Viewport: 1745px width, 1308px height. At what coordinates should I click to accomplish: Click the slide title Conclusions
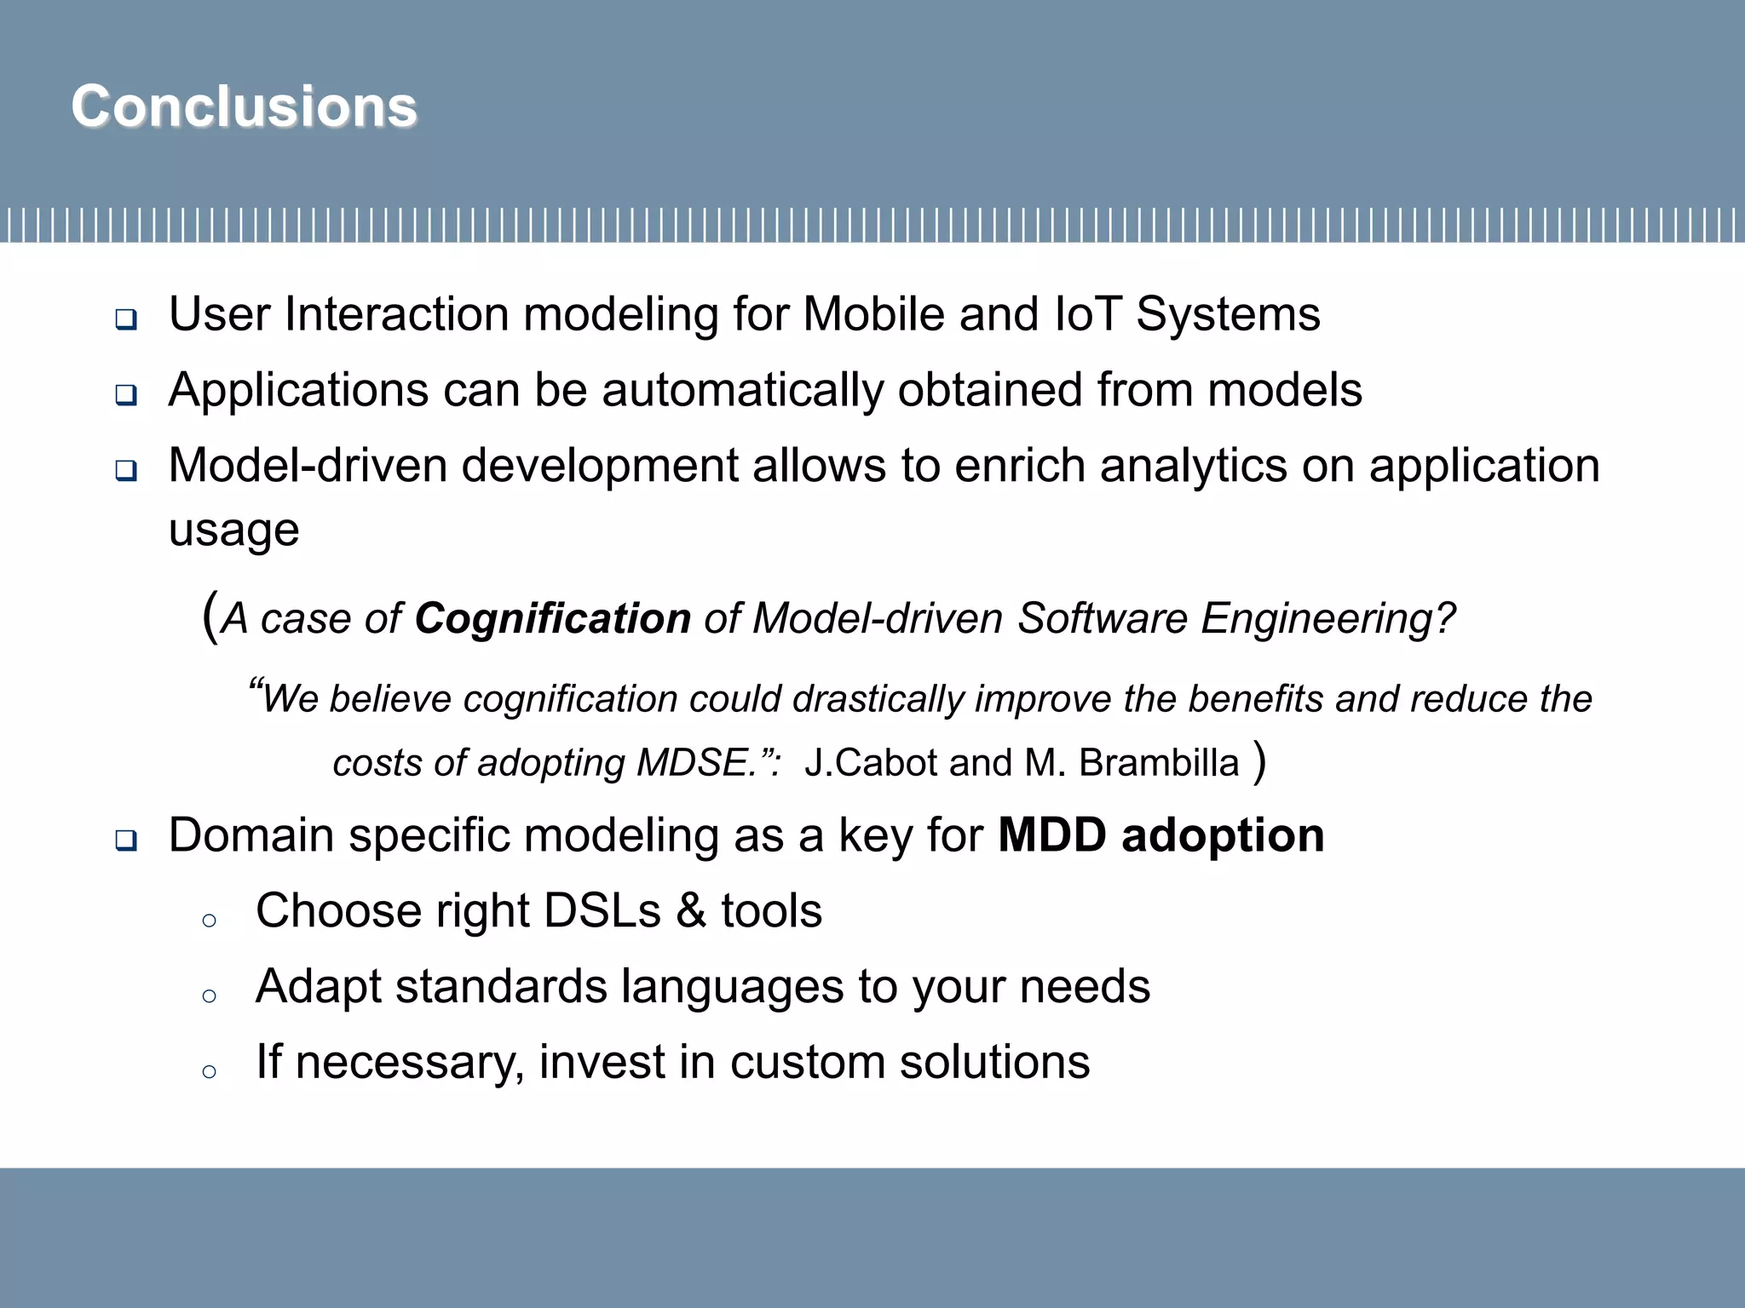click(x=245, y=107)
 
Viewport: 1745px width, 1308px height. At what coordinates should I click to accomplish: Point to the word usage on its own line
click(x=233, y=531)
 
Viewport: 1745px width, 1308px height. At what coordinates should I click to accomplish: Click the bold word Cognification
click(x=552, y=618)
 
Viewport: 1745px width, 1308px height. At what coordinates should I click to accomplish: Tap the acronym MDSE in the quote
click(x=691, y=763)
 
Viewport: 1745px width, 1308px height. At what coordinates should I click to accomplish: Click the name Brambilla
click(x=1158, y=763)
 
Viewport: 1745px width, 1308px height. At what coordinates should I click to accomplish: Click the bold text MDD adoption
click(x=1160, y=835)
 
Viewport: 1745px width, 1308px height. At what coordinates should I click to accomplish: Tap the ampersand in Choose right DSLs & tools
click(x=691, y=911)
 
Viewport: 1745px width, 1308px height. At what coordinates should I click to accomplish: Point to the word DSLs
click(x=602, y=911)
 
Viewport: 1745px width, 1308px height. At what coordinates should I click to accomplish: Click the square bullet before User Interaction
click(x=126, y=320)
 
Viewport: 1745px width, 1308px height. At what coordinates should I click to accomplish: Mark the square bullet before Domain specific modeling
click(x=126, y=841)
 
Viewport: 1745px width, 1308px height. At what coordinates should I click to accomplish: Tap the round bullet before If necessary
click(x=209, y=1071)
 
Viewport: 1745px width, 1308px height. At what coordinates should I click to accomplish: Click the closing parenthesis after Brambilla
click(x=1260, y=761)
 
